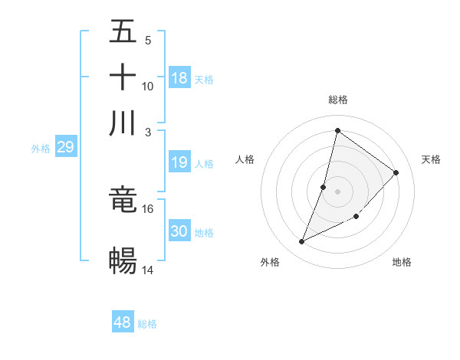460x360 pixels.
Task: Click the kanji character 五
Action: point(123,31)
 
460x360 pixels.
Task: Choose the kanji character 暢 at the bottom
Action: point(123,260)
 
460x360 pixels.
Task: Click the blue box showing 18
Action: point(179,78)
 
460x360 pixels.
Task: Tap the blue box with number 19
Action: point(179,162)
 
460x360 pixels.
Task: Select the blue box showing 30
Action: point(179,231)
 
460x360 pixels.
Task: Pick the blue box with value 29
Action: point(65,147)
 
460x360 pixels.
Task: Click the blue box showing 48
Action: point(123,322)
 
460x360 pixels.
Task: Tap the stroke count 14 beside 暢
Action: point(147,270)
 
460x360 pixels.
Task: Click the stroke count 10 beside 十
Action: point(147,86)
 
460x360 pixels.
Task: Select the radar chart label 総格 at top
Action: point(337,100)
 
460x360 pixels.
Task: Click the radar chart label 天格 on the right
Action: point(431,159)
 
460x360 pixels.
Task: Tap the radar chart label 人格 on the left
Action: point(245,159)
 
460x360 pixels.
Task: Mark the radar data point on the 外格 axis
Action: point(301,242)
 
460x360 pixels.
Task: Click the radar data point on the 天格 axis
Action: point(396,172)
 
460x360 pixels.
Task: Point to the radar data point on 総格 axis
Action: point(337,130)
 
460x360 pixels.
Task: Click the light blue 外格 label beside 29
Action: point(40,149)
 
